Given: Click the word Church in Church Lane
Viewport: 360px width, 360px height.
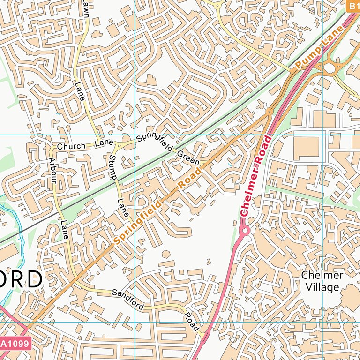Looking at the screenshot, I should coord(71,146).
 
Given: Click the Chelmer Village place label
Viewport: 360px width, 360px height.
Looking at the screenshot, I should coord(322,281).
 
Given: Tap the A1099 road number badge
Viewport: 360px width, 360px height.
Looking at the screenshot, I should coord(15,344).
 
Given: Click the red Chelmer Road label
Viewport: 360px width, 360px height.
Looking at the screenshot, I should coord(256,176).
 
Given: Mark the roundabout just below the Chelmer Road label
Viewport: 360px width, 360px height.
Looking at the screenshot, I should coord(244,231).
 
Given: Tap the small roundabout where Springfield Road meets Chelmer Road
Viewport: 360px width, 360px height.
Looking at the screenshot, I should coord(270,112).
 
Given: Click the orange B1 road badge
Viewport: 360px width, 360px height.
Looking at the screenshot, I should coord(353,7).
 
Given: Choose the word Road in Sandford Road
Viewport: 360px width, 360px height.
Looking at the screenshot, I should coord(191,322).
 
